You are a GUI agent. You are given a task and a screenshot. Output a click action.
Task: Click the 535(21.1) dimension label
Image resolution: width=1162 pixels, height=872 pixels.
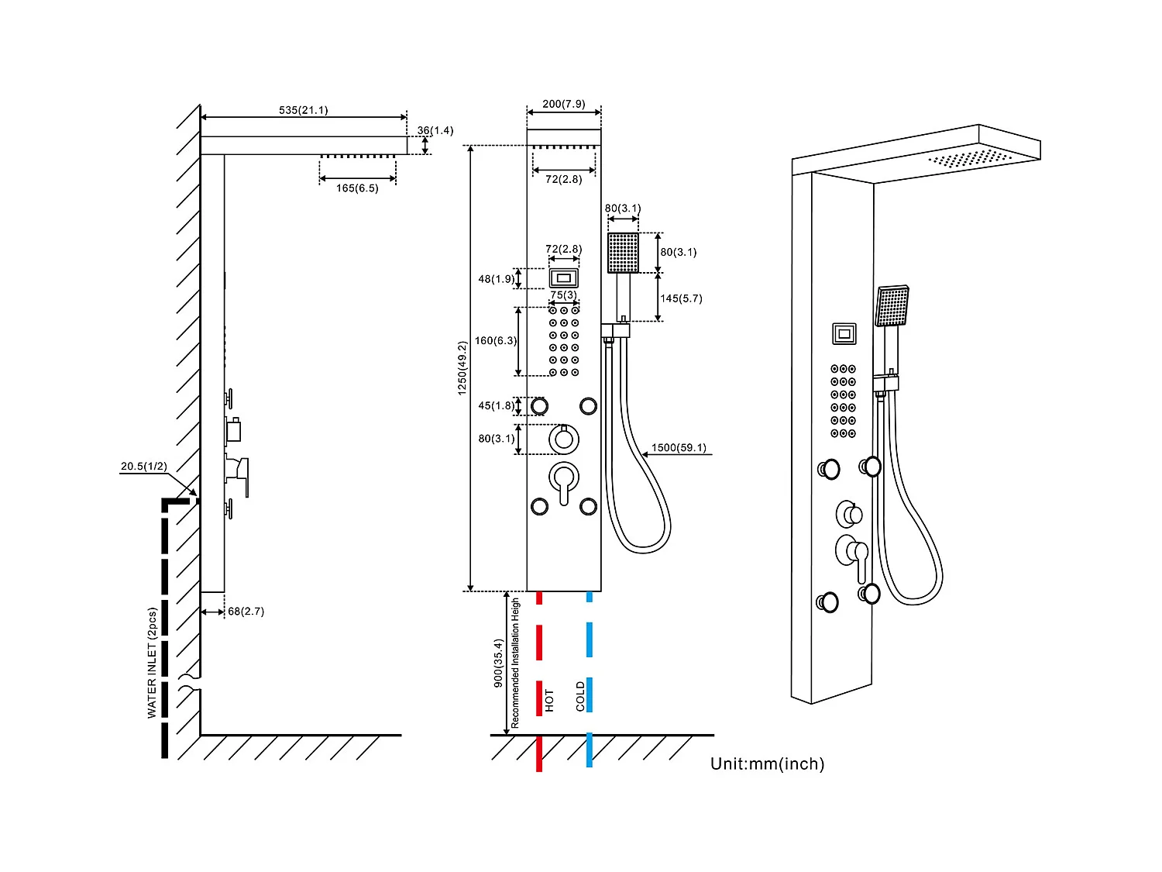(x=303, y=110)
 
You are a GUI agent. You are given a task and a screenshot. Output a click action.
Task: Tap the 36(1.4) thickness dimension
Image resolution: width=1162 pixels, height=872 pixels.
(x=435, y=130)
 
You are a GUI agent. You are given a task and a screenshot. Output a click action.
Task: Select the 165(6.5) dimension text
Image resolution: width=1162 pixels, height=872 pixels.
(x=357, y=188)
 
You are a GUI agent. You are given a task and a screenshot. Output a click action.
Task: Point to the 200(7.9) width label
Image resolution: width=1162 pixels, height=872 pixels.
(x=563, y=104)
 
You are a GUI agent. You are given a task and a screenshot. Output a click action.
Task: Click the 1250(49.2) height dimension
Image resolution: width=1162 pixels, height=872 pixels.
(x=462, y=368)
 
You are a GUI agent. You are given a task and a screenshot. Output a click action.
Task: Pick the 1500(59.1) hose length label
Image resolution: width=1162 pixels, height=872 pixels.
(x=679, y=448)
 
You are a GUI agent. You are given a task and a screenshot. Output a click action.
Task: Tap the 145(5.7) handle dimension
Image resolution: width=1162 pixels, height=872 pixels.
(x=681, y=298)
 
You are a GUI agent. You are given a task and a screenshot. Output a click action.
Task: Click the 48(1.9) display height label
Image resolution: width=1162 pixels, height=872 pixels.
(x=496, y=279)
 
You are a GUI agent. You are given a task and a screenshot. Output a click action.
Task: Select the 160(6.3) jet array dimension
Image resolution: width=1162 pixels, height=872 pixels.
(x=496, y=340)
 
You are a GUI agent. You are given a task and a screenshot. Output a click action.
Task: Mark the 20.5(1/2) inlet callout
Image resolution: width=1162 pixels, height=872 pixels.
(x=143, y=467)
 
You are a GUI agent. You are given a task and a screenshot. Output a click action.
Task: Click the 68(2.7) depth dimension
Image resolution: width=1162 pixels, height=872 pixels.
(x=246, y=612)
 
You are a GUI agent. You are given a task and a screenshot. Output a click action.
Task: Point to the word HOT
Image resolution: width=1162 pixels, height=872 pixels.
(x=549, y=700)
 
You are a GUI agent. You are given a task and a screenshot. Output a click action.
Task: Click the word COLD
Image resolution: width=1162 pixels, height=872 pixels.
(x=580, y=696)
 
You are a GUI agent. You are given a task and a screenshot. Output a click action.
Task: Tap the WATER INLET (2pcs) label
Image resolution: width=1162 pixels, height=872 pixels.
(x=152, y=663)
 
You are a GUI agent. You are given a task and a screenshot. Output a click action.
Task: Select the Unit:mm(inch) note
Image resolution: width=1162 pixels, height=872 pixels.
(x=767, y=764)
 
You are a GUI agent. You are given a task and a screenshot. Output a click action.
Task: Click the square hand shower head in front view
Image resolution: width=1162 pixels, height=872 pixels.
(x=623, y=253)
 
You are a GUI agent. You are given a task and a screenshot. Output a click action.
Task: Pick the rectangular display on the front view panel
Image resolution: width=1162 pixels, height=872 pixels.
(x=564, y=277)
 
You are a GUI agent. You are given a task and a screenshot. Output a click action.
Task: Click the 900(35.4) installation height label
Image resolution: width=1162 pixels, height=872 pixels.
(x=498, y=663)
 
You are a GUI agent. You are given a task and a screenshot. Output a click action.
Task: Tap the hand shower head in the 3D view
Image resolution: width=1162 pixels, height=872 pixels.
(x=892, y=306)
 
